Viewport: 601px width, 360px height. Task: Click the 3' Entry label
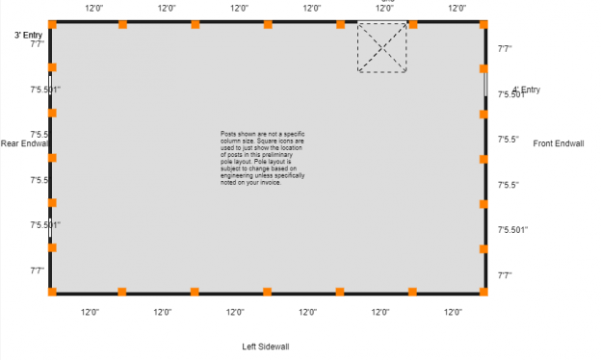[x=28, y=35]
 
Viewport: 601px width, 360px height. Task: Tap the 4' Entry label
[x=526, y=90]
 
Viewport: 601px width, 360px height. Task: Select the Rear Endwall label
[x=25, y=143]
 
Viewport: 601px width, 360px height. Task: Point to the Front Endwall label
[x=558, y=143]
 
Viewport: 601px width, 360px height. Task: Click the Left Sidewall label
[x=266, y=347]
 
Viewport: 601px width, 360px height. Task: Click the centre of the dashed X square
[x=381, y=47]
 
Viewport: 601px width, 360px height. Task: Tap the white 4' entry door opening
[x=485, y=83]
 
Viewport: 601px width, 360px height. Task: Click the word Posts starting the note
[x=226, y=134]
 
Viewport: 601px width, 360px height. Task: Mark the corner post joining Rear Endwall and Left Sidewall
[x=52, y=292]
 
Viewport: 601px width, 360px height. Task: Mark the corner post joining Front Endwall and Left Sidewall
[x=483, y=292]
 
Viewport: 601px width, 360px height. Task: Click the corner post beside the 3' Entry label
[x=52, y=23]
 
